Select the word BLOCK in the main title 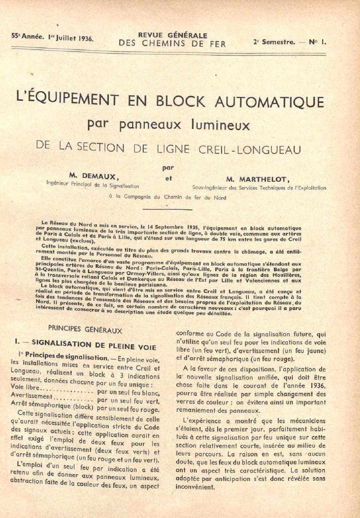pos(180,101)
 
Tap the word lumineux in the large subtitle pos(221,125)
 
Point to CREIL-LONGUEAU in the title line pos(250,149)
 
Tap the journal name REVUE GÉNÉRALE pos(172,36)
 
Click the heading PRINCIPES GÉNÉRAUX pos(85,330)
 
